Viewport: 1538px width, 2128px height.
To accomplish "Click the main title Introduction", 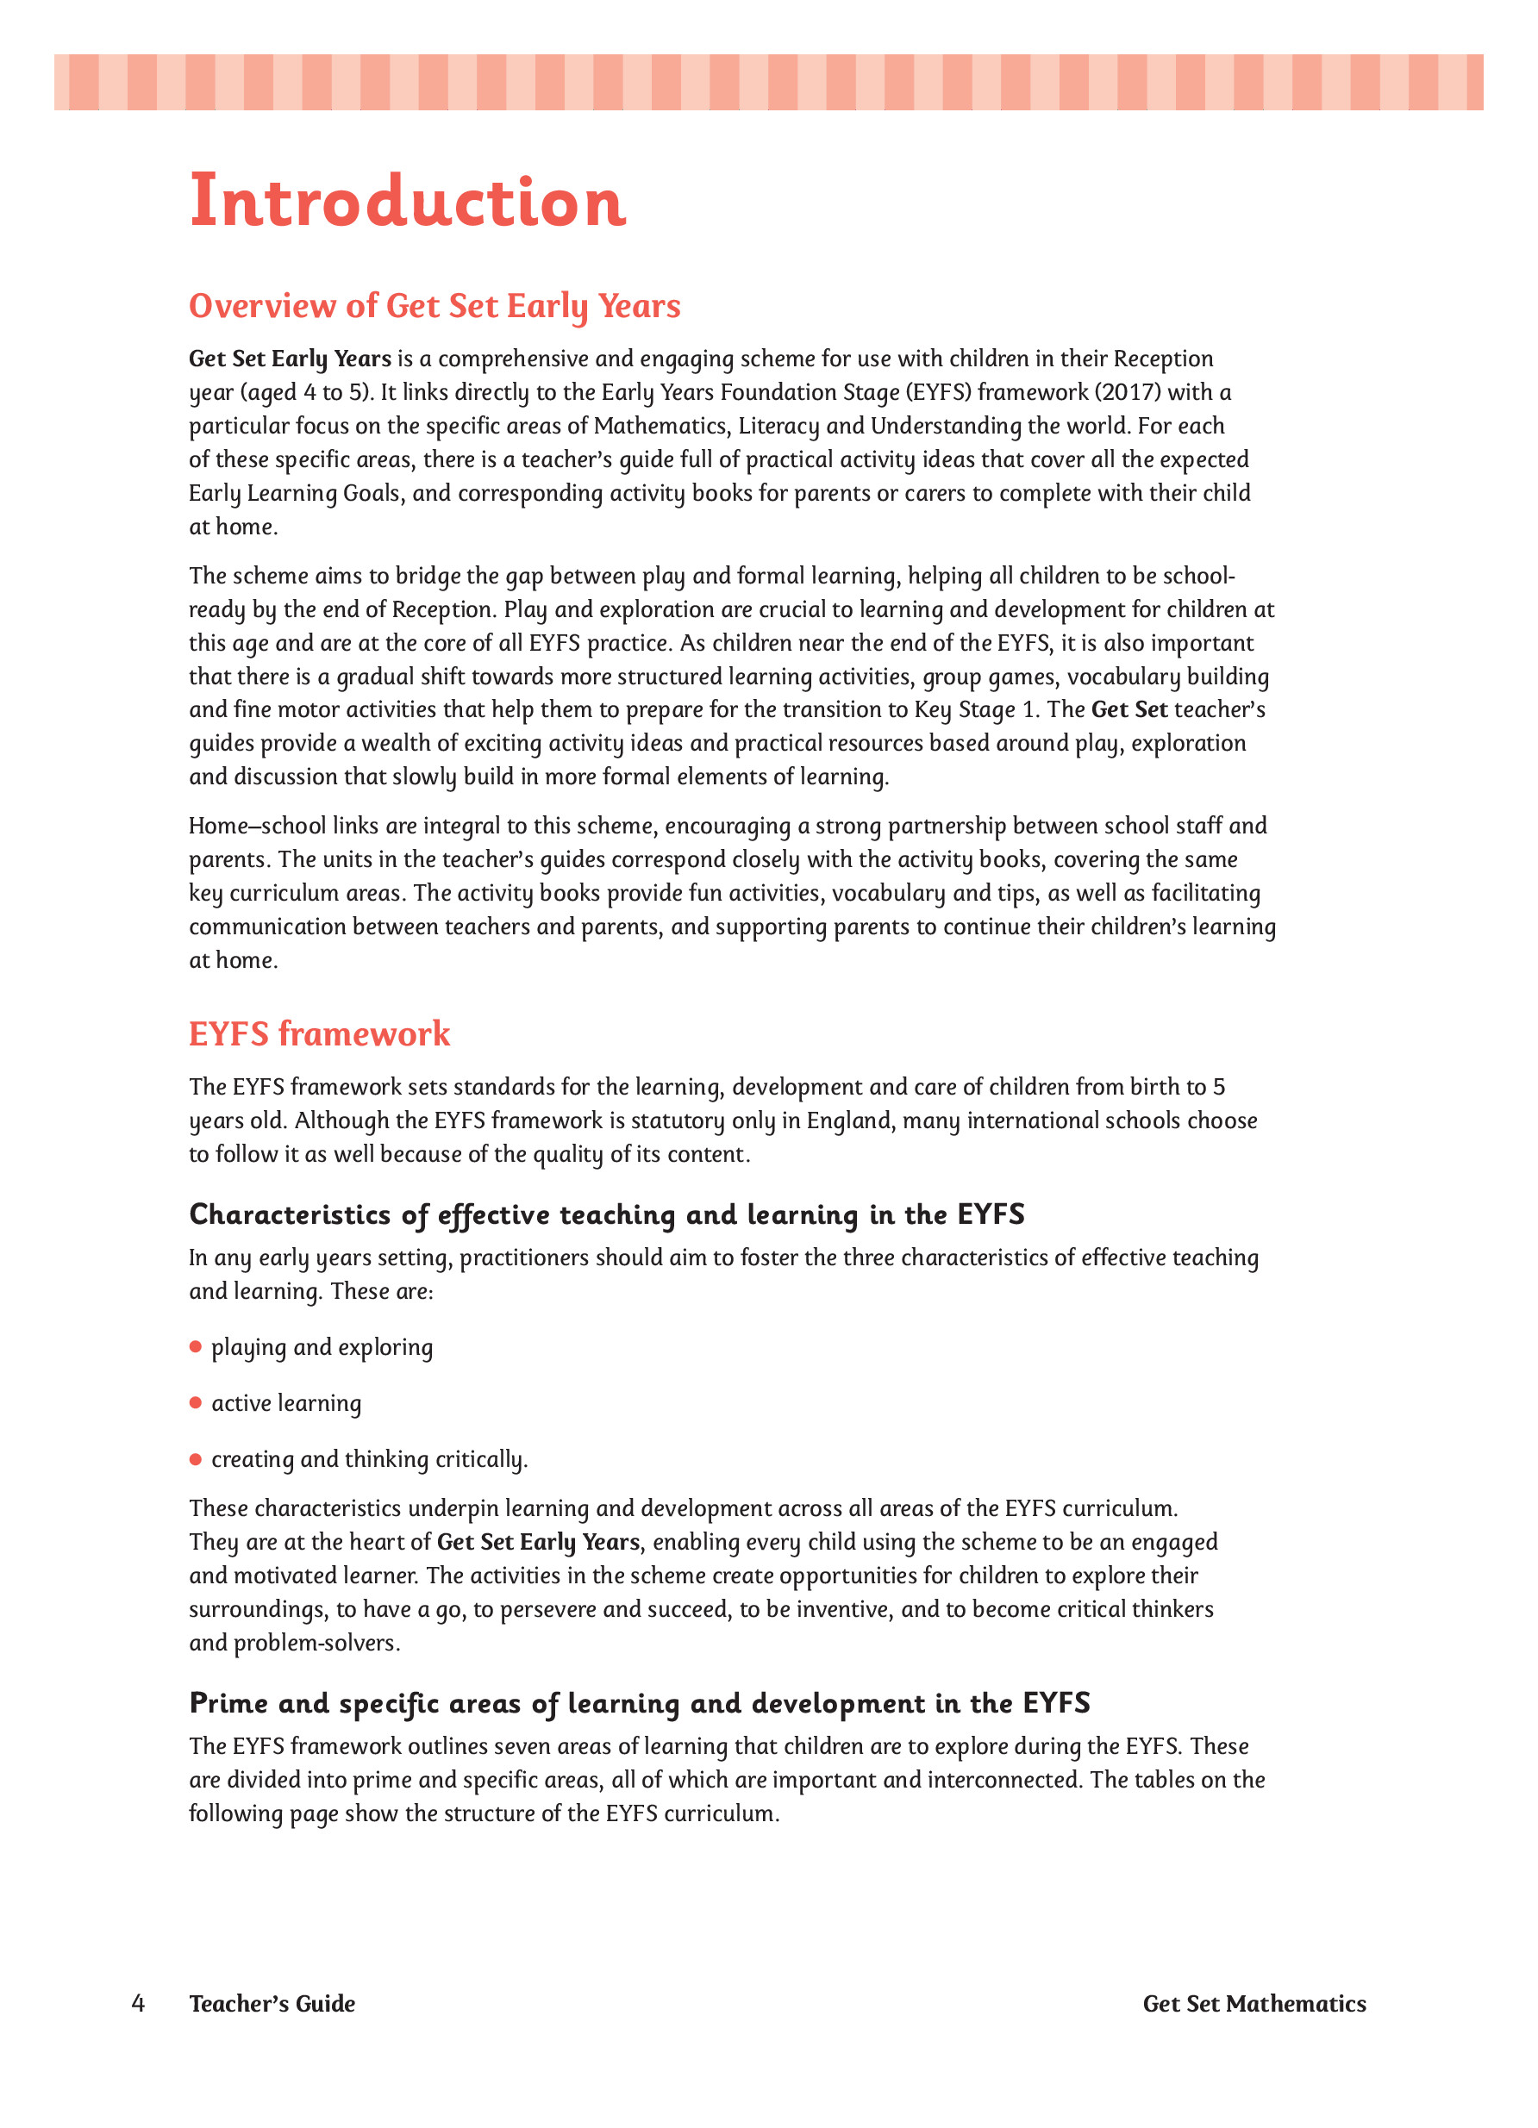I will click(x=407, y=201).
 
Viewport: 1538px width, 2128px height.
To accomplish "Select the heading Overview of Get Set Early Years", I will click(x=435, y=306).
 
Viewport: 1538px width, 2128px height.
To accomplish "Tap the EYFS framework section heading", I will click(x=319, y=1034).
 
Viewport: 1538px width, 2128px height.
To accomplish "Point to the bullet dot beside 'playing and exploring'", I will click(x=196, y=1346).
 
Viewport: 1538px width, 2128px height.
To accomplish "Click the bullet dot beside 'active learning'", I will click(x=196, y=1402).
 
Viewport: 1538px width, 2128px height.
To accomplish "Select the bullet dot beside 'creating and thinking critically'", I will click(x=196, y=1459).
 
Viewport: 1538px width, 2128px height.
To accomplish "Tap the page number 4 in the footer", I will click(x=138, y=2003).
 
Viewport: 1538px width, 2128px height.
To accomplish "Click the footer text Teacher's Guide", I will click(x=272, y=2003).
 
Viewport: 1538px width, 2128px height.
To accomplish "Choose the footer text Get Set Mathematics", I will click(x=1254, y=2003).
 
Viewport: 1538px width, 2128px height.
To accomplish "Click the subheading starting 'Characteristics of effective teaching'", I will click(x=606, y=1214).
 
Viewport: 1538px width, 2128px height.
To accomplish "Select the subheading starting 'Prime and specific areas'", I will click(x=639, y=1702).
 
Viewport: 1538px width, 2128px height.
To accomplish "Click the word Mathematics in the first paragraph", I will click(x=660, y=426).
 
